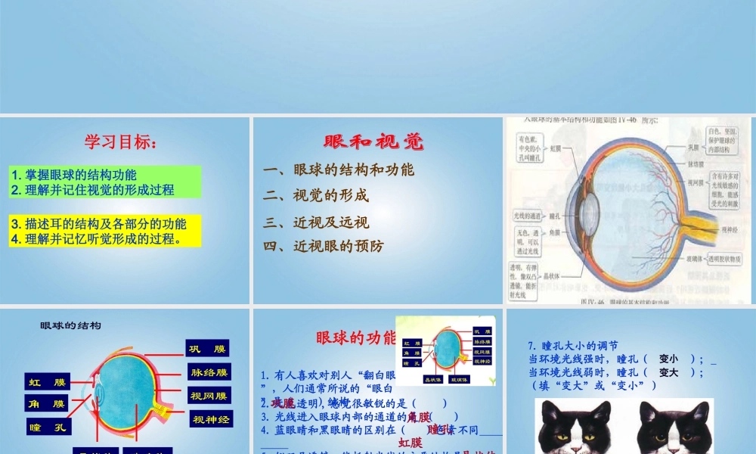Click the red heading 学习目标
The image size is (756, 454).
click(121, 141)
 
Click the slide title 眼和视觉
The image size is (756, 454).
click(373, 141)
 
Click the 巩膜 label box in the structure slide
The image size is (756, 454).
click(207, 349)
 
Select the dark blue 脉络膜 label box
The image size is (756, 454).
click(209, 372)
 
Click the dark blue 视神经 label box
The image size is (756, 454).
click(211, 418)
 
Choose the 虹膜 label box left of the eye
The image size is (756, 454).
click(48, 381)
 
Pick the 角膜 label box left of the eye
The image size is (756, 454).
click(48, 404)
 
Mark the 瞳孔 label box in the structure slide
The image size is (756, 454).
click(48, 428)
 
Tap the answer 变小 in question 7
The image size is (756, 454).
click(668, 359)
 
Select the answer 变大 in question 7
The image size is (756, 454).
click(668, 372)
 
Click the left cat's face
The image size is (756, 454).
click(574, 428)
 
